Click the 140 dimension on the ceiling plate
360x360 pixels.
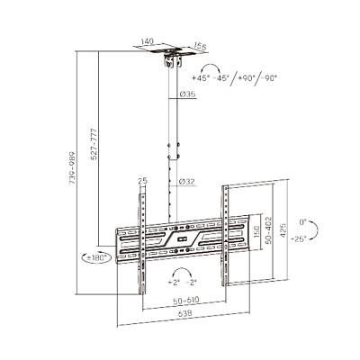click(x=148, y=41)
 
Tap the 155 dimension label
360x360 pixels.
click(x=200, y=47)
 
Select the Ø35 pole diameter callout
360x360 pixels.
click(x=188, y=94)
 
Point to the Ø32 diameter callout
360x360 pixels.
click(x=187, y=182)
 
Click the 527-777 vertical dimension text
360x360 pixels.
click(x=94, y=144)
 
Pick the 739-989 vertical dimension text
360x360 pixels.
click(x=72, y=168)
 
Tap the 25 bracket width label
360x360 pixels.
click(x=143, y=181)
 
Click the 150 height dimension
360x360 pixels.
click(x=256, y=232)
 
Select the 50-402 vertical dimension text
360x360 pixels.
click(x=269, y=230)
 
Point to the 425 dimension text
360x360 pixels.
click(x=283, y=230)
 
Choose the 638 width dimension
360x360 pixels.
click(x=185, y=314)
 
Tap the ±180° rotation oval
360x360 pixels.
click(x=97, y=257)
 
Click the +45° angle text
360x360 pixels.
click(x=201, y=78)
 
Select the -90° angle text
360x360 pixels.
click(x=268, y=78)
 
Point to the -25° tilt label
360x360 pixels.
click(x=299, y=238)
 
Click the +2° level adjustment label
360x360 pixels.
click(x=174, y=282)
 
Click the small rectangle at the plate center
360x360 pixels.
click(x=182, y=239)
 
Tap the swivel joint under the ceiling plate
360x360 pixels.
click(x=174, y=61)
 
